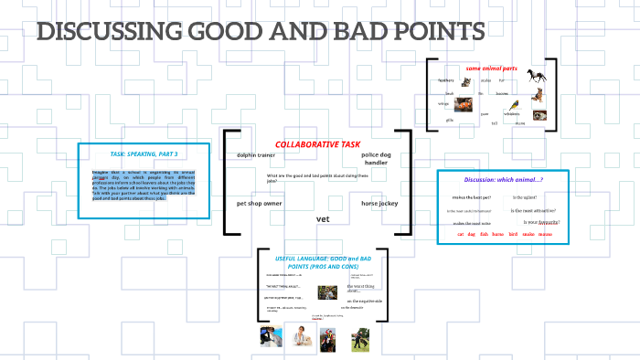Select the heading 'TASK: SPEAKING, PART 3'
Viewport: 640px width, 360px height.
144,154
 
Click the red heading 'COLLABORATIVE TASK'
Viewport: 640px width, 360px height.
318,144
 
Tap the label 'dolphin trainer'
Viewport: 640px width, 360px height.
256,155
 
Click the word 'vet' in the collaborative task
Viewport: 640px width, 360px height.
322,219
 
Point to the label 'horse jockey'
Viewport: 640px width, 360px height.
380,202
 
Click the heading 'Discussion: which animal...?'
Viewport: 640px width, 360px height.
503,179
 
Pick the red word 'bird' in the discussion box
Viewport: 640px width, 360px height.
513,235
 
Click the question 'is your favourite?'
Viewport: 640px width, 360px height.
541,222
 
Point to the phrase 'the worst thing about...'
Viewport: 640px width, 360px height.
362,289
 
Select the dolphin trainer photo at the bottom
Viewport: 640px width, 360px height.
271,337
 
